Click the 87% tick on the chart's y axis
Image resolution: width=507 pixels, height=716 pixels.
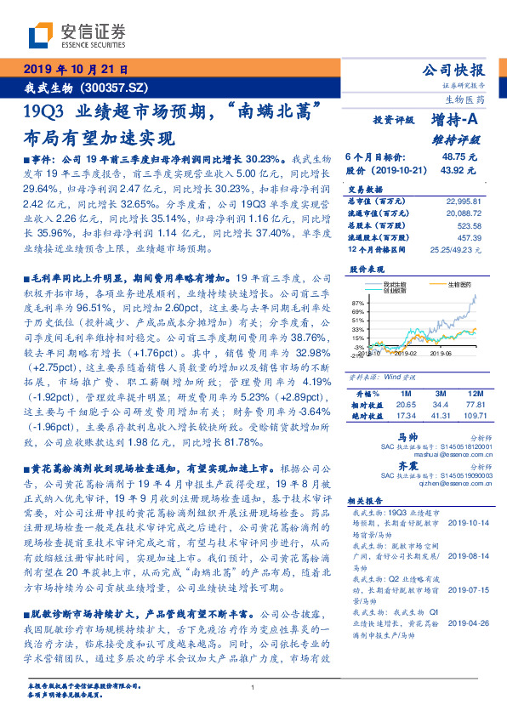click(x=357, y=302)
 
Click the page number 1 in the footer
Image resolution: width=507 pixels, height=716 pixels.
click(x=253, y=688)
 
